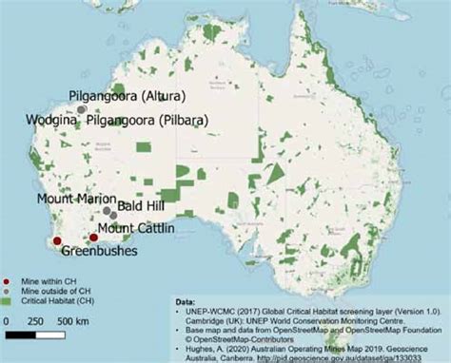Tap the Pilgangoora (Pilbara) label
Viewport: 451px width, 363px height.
click(x=148, y=121)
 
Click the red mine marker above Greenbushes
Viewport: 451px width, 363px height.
click(x=57, y=240)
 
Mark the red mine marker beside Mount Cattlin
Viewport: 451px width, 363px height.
click(x=92, y=238)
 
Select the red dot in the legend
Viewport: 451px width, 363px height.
click(x=8, y=282)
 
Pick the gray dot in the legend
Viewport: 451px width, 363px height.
click(x=8, y=293)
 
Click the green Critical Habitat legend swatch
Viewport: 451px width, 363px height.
click(x=8, y=303)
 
